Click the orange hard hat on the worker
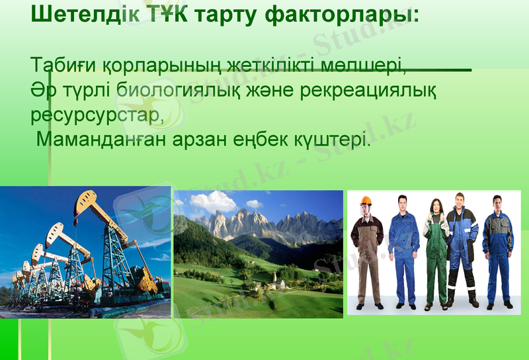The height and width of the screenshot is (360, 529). coord(366,201)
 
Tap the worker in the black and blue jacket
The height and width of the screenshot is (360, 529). coord(462,248)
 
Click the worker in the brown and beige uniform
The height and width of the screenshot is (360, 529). coord(367,255)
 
